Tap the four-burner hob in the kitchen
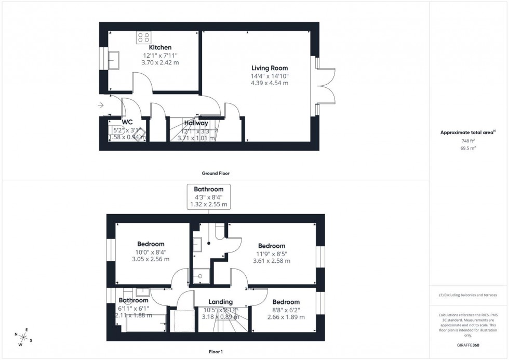[x=144, y=37]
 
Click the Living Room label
[x=270, y=68]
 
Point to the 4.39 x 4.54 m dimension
[x=270, y=83]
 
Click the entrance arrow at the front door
[x=100, y=105]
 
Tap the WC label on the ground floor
[x=127, y=122]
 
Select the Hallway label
[x=195, y=123]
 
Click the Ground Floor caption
[x=216, y=174]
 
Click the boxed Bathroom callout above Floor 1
[x=209, y=197]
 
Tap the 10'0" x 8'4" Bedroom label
[x=151, y=244]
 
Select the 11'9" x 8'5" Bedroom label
[x=272, y=246]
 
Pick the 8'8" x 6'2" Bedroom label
[x=286, y=302]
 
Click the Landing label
[x=220, y=302]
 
